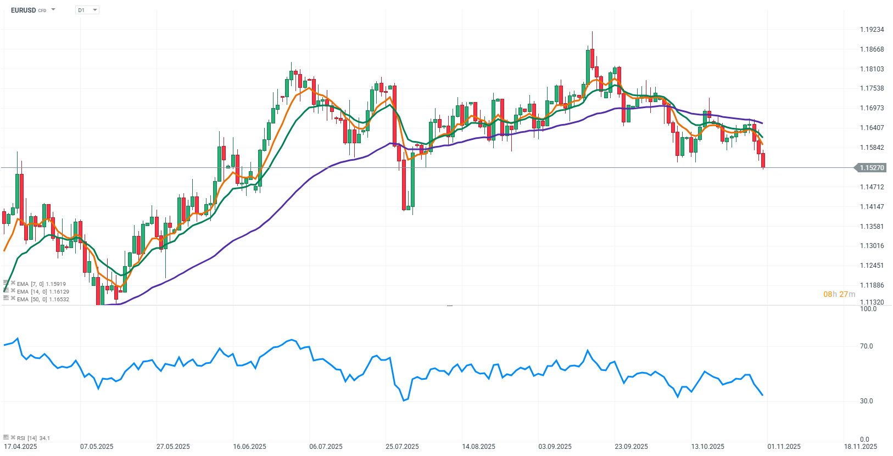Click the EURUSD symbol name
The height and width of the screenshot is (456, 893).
pyautogui.click(x=23, y=10)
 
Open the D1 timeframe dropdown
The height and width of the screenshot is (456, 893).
pyautogui.click(x=87, y=10)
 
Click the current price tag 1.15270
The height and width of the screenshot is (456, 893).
pyautogui.click(x=872, y=168)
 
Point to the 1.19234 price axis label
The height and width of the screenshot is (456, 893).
pyautogui.click(x=872, y=30)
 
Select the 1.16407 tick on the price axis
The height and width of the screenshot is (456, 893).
pyautogui.click(x=872, y=128)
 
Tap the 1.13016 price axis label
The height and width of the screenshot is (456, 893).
pyautogui.click(x=872, y=246)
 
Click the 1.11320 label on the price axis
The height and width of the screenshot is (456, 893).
pyautogui.click(x=872, y=302)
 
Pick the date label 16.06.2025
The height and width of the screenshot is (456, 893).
pyautogui.click(x=249, y=447)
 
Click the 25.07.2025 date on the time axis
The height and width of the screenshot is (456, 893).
pyautogui.click(x=402, y=447)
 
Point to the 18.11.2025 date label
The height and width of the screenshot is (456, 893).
pyautogui.click(x=861, y=447)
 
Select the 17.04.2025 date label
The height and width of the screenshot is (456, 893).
pyautogui.click(x=20, y=447)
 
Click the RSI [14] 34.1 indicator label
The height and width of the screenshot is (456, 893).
pyautogui.click(x=33, y=438)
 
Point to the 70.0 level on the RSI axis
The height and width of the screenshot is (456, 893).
pyautogui.click(x=866, y=346)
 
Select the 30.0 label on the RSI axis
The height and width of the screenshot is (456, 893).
pyautogui.click(x=866, y=401)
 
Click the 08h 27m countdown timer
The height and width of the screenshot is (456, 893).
pyautogui.click(x=839, y=295)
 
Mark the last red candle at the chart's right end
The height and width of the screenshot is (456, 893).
pyautogui.click(x=763, y=160)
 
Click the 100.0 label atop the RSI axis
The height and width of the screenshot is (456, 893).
pyautogui.click(x=868, y=309)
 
